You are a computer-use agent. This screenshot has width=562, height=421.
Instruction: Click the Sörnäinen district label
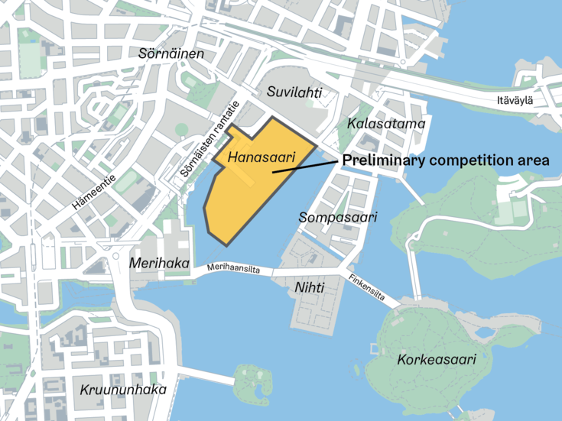(172, 54)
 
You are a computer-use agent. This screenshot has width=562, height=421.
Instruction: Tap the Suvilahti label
(294, 92)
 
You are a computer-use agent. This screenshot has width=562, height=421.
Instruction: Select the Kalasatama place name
(385, 123)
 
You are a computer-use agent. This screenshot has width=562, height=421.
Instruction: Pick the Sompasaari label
(338, 218)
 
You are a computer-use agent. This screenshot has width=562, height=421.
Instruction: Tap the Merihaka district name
(159, 263)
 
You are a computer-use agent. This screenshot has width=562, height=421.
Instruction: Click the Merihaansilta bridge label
(239, 270)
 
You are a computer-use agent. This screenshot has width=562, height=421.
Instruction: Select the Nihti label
(309, 287)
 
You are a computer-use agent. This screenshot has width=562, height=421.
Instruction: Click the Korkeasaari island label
(437, 359)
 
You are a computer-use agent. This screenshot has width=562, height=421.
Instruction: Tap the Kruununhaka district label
(123, 390)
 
